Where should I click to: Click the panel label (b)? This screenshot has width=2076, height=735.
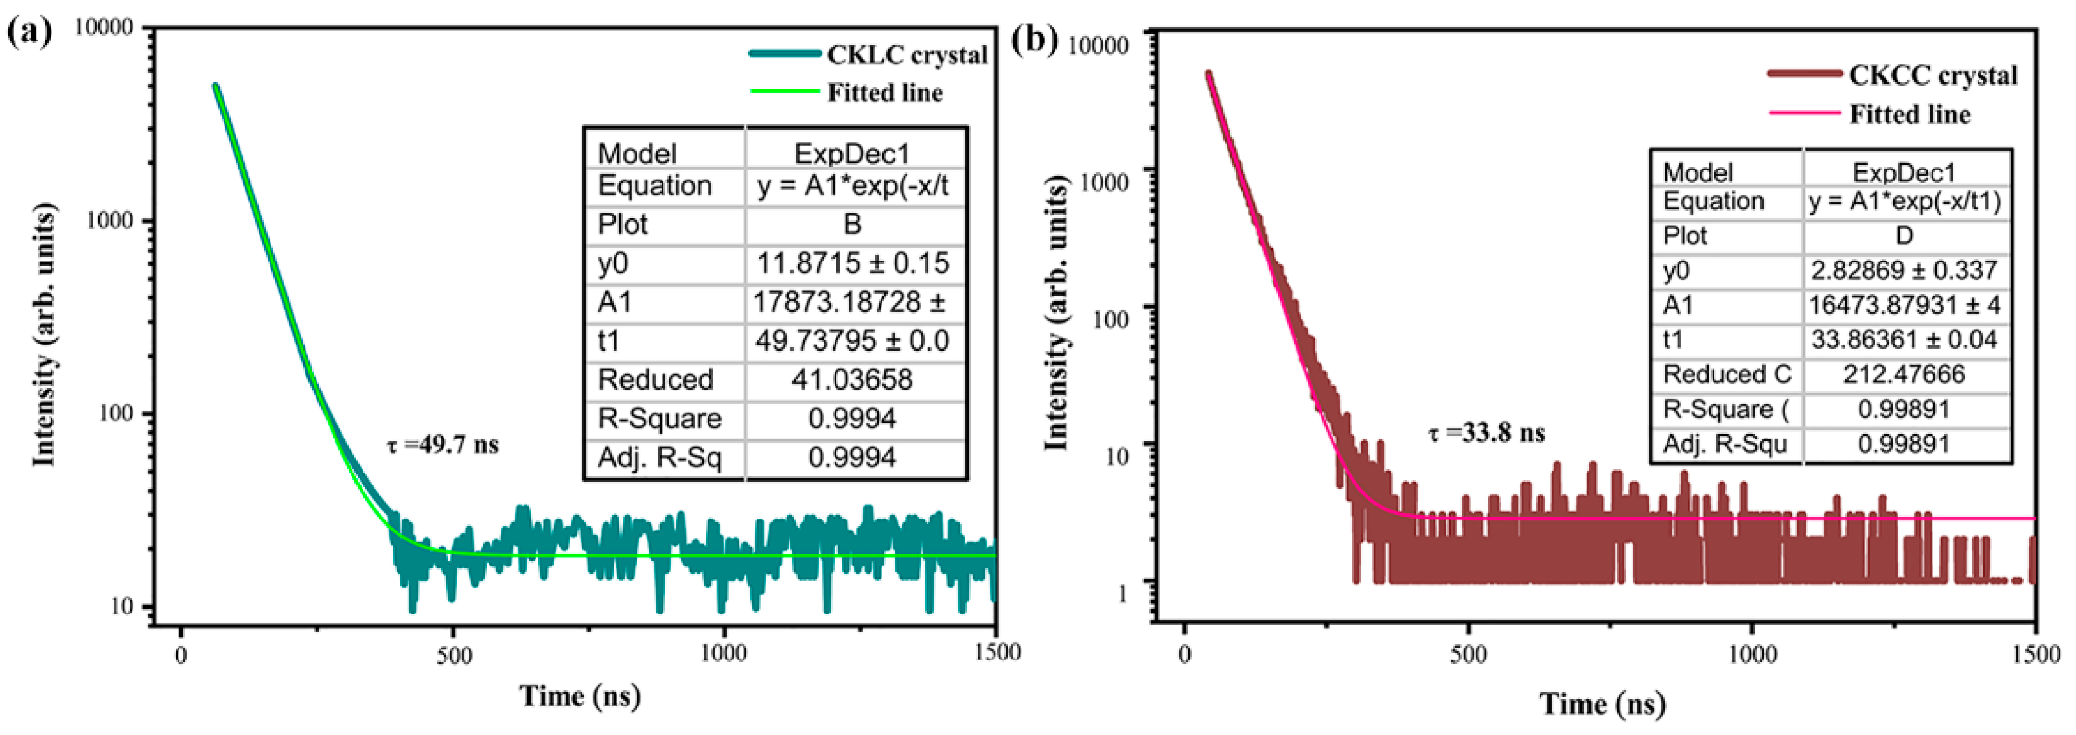coord(1034,38)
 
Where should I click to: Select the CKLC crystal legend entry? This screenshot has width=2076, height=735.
coord(906,55)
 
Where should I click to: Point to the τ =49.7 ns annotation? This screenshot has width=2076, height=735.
coord(443,444)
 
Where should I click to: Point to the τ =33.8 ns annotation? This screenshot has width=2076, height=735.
coord(1486,433)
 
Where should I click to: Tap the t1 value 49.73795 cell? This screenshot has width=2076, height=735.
coord(853,341)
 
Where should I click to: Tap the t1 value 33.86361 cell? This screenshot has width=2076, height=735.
coord(1903,339)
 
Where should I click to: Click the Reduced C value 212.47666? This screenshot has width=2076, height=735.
coord(1903,374)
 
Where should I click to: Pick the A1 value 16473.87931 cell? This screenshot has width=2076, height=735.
coord(1903,305)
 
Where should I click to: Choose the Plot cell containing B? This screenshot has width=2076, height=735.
coord(853,224)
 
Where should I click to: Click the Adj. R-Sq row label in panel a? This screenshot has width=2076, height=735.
coord(658,458)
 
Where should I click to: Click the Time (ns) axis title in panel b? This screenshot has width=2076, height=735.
coord(1602,704)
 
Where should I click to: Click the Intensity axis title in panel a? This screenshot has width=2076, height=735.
coord(44,334)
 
